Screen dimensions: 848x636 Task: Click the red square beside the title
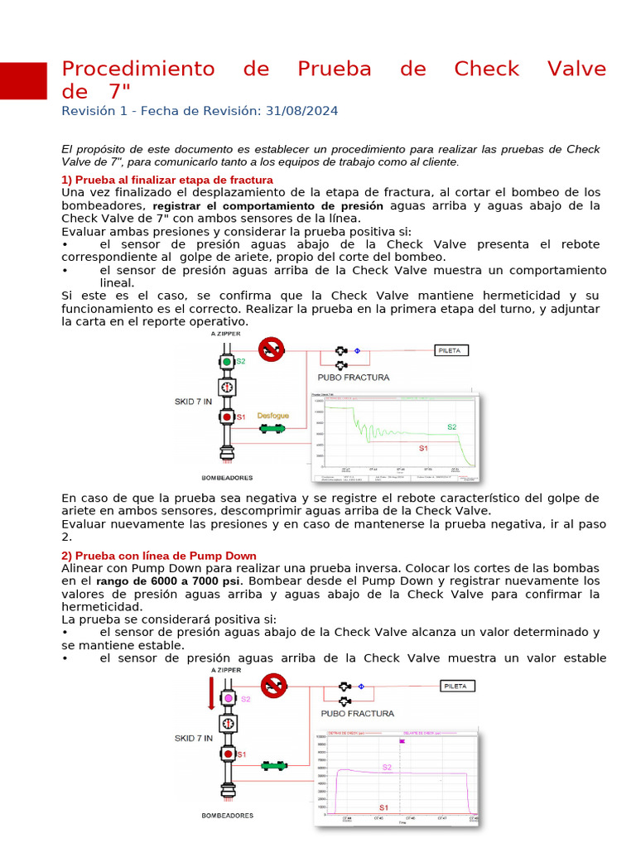point(23,80)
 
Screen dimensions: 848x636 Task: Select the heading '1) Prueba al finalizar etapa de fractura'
point(167,180)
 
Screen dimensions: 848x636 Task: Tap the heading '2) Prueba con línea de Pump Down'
point(159,556)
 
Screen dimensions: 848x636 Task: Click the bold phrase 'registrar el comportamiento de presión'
point(268,205)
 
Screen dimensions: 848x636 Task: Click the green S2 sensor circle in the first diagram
point(227,362)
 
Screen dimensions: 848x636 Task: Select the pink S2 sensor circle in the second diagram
point(228,699)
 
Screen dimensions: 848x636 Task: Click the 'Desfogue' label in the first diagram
point(273,416)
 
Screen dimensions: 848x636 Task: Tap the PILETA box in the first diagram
point(453,350)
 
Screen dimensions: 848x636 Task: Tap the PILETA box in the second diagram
point(455,687)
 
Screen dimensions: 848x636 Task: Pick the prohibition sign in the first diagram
point(271,349)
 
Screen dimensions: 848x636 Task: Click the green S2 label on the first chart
point(452,426)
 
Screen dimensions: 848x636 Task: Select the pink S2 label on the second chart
point(387,767)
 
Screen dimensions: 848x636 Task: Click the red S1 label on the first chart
point(422,448)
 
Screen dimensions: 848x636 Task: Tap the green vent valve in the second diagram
point(273,766)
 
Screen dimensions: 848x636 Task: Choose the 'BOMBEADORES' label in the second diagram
point(227,815)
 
